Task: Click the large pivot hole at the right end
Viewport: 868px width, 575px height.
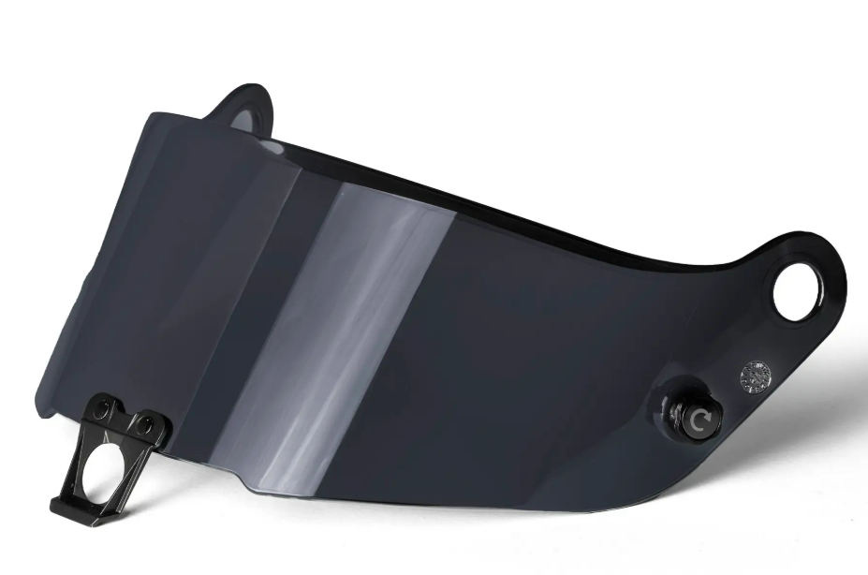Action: tap(796, 291)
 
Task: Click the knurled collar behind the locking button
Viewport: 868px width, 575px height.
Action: tap(676, 413)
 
